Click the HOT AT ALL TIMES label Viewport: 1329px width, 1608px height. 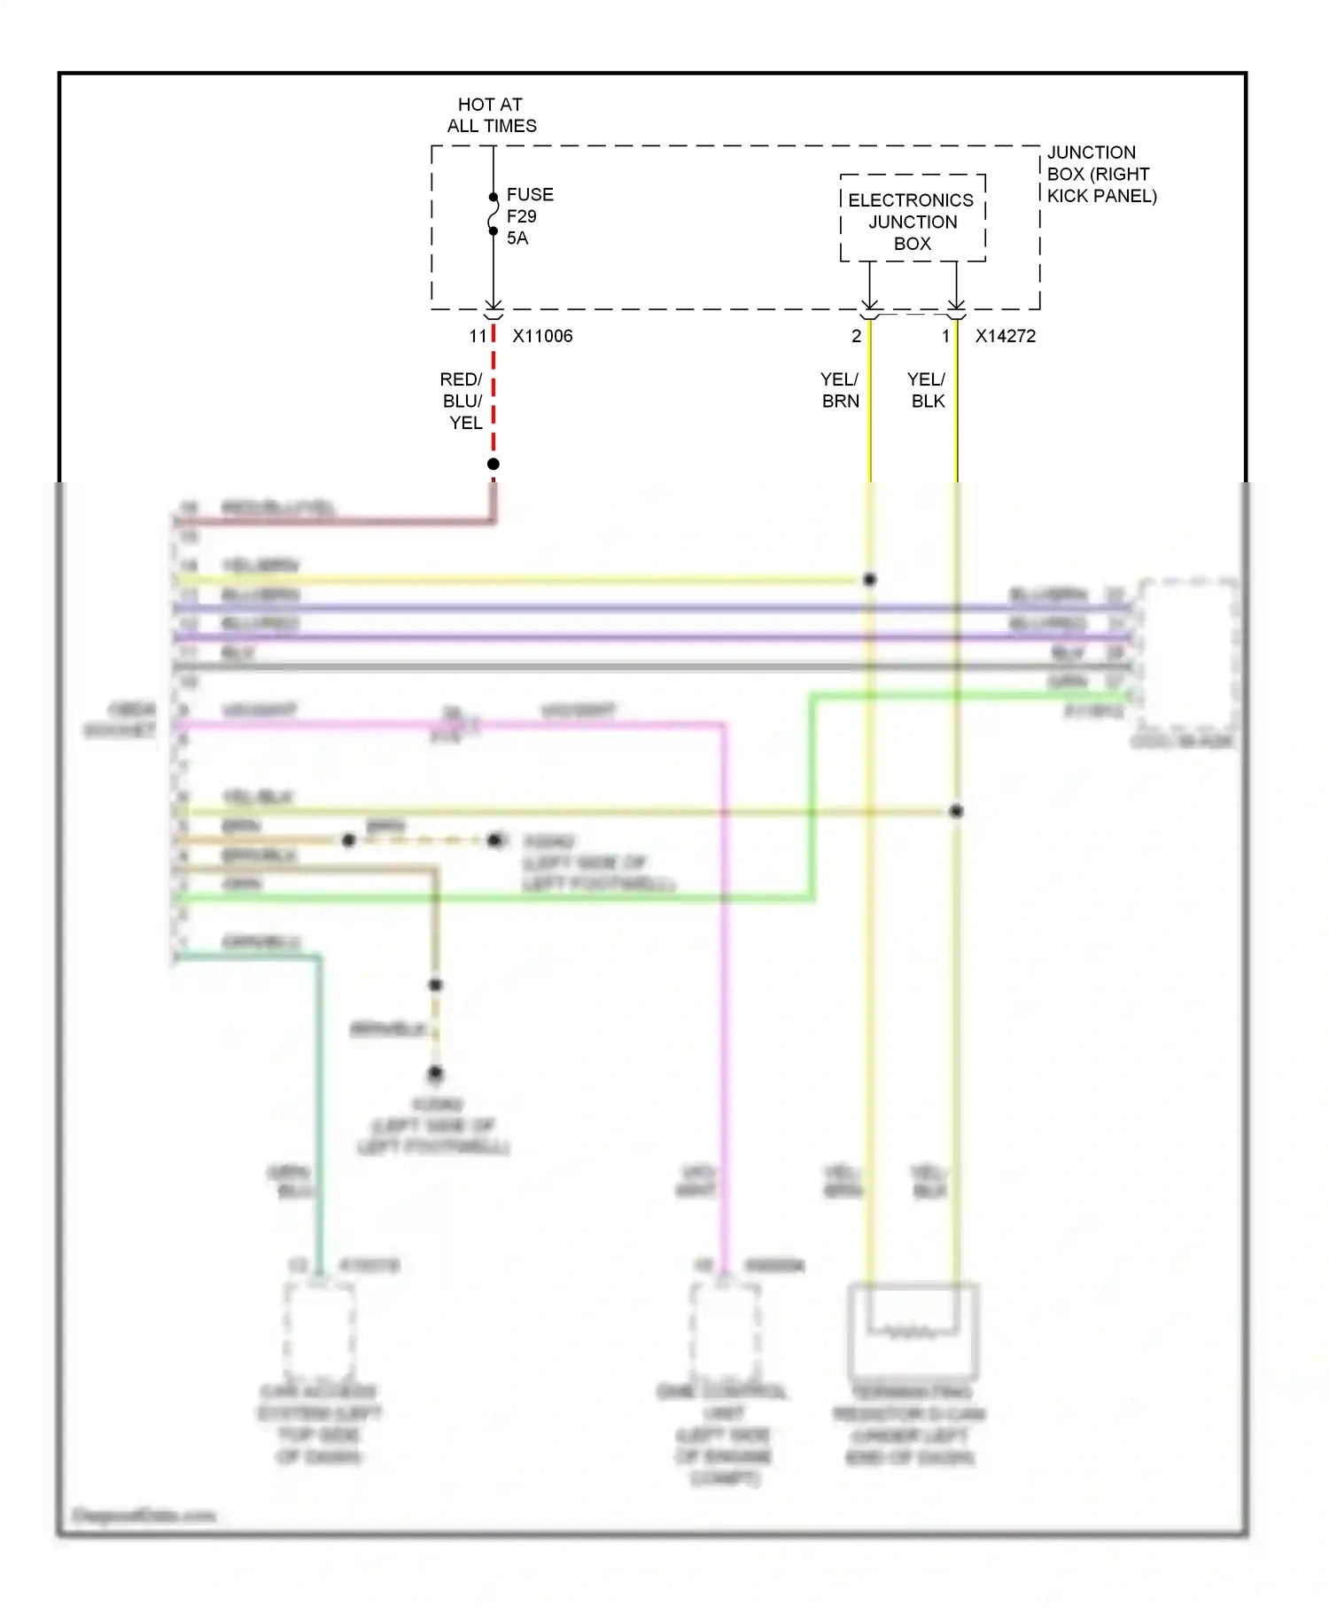click(491, 115)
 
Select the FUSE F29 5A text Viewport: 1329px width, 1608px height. click(529, 216)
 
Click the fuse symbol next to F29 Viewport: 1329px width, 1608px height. click(494, 214)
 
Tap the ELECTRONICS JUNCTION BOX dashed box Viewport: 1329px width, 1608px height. click(913, 219)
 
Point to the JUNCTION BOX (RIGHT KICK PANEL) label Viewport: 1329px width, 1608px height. click(1100, 175)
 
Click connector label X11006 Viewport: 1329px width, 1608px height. click(542, 337)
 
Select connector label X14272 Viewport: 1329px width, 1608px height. click(1005, 337)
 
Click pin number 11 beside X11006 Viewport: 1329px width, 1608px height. click(478, 337)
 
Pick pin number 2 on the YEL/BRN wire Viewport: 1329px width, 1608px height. click(856, 337)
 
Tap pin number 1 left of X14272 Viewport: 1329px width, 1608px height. click(945, 337)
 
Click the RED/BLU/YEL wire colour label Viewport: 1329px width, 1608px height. click(462, 402)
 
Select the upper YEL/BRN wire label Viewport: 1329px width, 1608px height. click(840, 391)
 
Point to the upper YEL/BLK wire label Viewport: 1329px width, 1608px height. click(927, 391)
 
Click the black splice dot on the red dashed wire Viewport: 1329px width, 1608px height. click(494, 464)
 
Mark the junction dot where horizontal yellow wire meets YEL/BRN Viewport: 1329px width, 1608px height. click(870, 580)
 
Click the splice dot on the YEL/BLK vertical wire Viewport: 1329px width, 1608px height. click(956, 811)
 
